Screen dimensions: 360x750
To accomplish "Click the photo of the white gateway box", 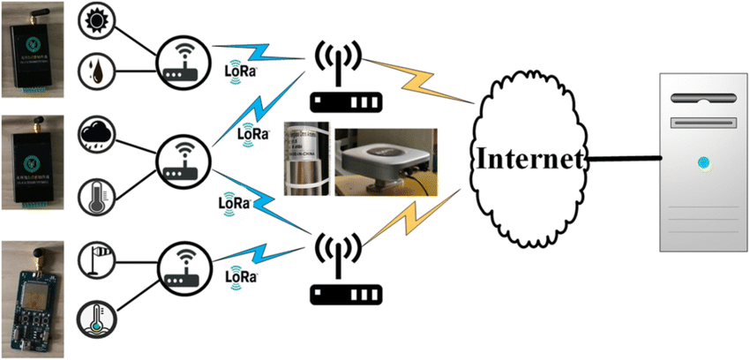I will (x=382, y=161).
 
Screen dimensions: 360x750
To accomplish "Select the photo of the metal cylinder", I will (x=304, y=161).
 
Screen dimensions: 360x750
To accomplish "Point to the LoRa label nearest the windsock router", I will (x=241, y=275).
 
